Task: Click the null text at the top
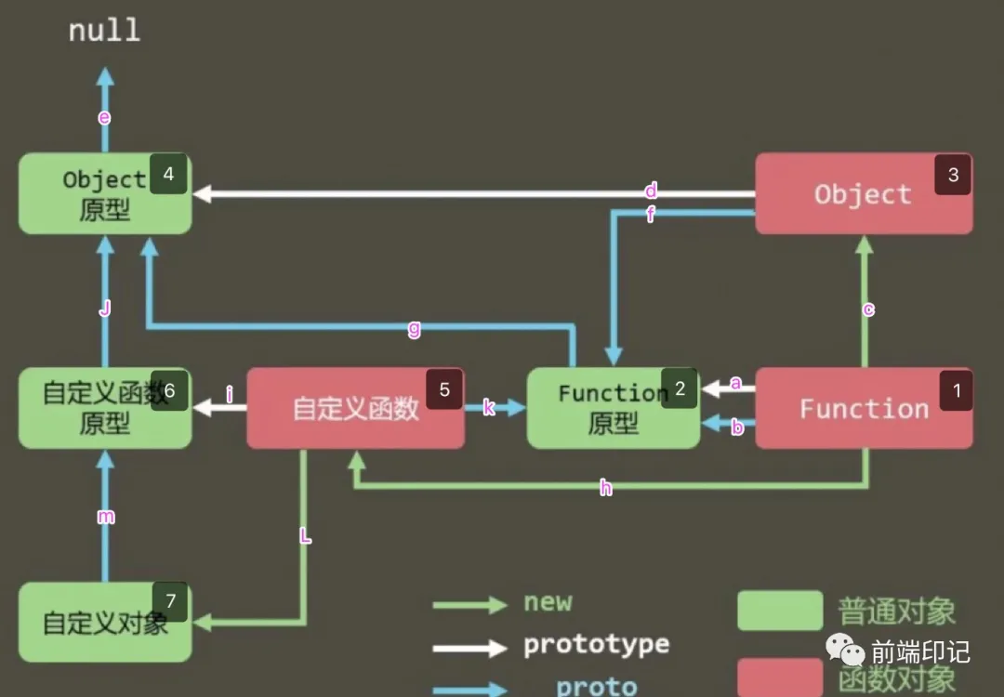click(104, 30)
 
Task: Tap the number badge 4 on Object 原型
click(168, 175)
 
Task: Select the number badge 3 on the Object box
click(953, 175)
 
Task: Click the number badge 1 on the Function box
click(957, 390)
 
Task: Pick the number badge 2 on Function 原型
click(680, 389)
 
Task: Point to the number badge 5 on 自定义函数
click(444, 389)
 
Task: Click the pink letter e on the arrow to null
click(104, 117)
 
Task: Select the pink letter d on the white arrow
click(651, 191)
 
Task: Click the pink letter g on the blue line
click(415, 328)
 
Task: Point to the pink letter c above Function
click(867, 309)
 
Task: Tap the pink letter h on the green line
click(606, 488)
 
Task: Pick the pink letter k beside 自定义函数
click(489, 407)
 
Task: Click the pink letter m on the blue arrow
click(106, 517)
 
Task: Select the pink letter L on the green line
click(304, 536)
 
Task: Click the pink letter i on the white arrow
click(229, 395)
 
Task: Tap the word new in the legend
click(548, 602)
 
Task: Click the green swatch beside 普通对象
click(779, 611)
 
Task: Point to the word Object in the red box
click(863, 194)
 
